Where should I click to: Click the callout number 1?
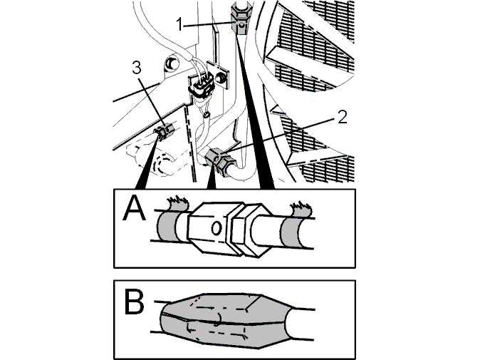pyautogui.click(x=180, y=24)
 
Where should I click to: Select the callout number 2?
pyautogui.click(x=343, y=118)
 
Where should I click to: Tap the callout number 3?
pyautogui.click(x=137, y=68)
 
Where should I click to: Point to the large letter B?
pyautogui.click(x=134, y=302)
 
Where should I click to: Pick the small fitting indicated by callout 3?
pyautogui.click(x=165, y=131)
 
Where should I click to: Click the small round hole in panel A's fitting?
pyautogui.click(x=216, y=228)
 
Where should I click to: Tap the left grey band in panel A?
pyautogui.click(x=167, y=227)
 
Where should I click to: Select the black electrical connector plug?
pyautogui.click(x=202, y=86)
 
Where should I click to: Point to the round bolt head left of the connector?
pyautogui.click(x=172, y=63)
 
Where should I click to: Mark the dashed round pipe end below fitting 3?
pyautogui.click(x=162, y=165)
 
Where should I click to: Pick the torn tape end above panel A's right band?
pyautogui.click(x=301, y=208)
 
